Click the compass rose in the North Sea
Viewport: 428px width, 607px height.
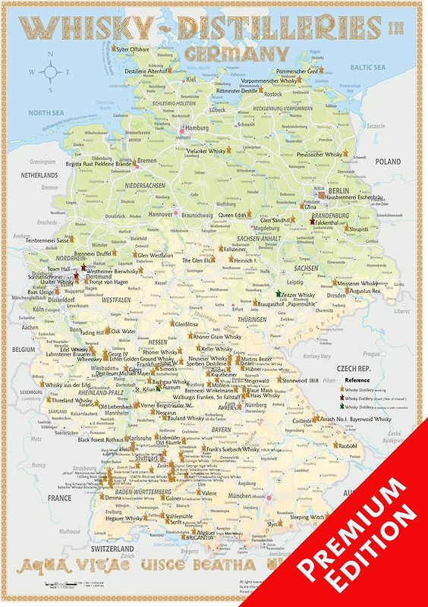pyautogui.click(x=52, y=72)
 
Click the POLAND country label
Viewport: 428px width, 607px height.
pyautogui.click(x=387, y=162)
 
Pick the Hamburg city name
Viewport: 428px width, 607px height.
pyautogui.click(x=197, y=128)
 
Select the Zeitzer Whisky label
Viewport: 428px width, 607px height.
pyautogui.click(x=297, y=294)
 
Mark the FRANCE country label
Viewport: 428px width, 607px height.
pyautogui.click(x=58, y=498)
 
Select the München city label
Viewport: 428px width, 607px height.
pyautogui.click(x=240, y=495)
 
